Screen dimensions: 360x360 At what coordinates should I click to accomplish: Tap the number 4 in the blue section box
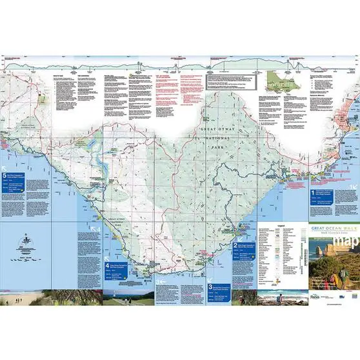107,265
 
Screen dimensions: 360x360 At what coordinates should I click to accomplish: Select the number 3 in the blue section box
210,268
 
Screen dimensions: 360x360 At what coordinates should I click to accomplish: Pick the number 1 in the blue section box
313,192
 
